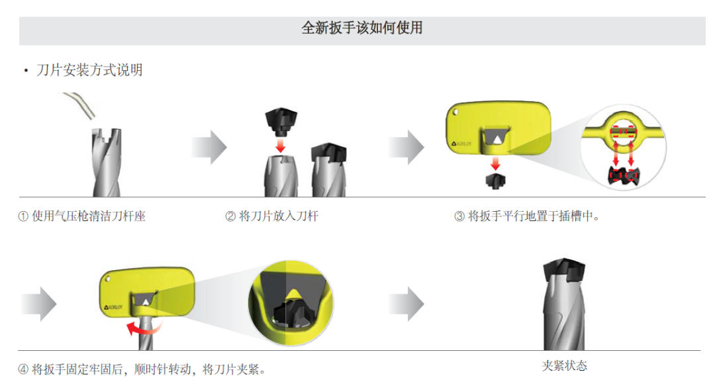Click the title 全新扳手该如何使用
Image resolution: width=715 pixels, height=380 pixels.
click(x=361, y=28)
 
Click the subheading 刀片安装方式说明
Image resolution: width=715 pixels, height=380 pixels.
click(x=89, y=70)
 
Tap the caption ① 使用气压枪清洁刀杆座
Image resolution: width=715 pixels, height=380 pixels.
click(x=81, y=216)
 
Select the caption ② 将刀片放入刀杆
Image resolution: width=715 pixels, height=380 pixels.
click(x=271, y=216)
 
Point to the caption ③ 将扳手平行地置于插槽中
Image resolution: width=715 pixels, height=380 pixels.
click(x=527, y=216)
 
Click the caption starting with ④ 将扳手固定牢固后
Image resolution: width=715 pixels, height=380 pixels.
click(x=142, y=369)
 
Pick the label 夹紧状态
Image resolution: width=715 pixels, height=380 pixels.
click(x=564, y=365)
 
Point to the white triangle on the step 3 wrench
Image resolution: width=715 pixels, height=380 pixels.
click(x=495, y=138)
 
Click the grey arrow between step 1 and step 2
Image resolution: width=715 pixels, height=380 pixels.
click(x=209, y=147)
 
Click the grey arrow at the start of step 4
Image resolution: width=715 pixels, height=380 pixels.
click(x=40, y=304)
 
